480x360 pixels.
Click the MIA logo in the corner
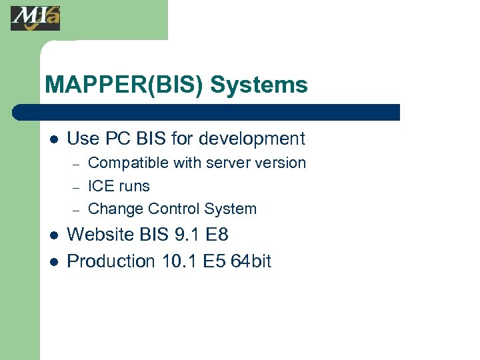point(35,18)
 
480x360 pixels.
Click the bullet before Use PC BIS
point(54,140)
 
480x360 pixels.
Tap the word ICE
point(101,186)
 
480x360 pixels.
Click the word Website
point(101,235)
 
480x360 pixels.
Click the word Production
point(111,261)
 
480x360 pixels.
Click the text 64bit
point(251,261)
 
